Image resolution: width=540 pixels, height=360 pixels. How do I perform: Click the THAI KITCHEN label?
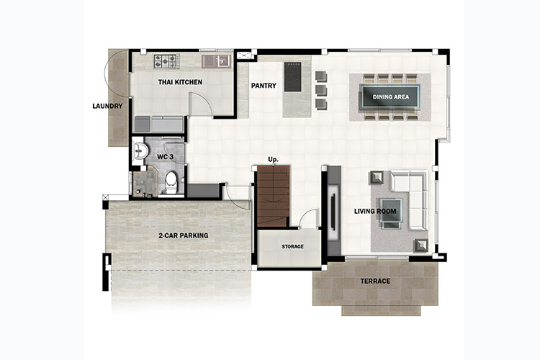[180, 82]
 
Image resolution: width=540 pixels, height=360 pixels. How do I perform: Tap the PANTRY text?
[264, 86]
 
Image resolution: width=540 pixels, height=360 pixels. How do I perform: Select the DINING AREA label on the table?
[391, 96]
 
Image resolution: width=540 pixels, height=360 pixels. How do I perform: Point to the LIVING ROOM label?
[375, 211]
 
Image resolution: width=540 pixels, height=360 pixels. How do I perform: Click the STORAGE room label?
[293, 246]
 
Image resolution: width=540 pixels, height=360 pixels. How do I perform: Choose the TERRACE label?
[375, 281]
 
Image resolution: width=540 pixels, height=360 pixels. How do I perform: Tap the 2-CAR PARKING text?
[183, 235]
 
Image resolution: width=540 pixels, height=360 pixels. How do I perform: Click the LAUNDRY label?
[107, 106]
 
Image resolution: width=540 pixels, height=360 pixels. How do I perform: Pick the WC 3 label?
[166, 157]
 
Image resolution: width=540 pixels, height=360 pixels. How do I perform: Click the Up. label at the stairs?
[274, 160]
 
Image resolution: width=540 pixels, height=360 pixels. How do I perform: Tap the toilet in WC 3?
[171, 182]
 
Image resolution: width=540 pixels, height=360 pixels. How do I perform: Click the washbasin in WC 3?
[140, 150]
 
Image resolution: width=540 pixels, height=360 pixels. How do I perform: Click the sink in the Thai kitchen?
[216, 61]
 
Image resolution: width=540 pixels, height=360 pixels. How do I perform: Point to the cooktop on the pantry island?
[293, 77]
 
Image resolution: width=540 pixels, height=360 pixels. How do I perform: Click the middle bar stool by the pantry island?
[321, 90]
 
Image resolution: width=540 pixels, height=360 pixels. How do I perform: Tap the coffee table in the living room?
[390, 210]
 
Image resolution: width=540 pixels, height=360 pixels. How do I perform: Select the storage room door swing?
[308, 218]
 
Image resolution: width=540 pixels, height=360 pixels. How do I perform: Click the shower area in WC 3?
[145, 181]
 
